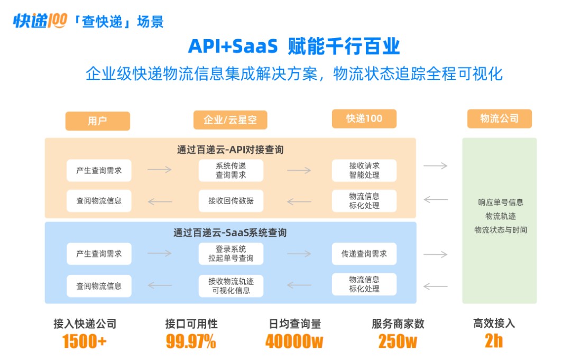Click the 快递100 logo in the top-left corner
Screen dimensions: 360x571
[40, 21]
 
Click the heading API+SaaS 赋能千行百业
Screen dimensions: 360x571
[293, 47]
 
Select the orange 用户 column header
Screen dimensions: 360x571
[97, 121]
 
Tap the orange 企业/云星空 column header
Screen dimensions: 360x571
[230, 120]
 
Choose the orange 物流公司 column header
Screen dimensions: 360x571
[499, 118]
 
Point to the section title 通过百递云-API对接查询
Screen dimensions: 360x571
[230, 150]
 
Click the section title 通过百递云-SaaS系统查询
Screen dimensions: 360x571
[230, 232]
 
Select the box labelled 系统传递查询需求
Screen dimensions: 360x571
[231, 170]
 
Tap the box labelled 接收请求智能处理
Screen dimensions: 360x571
[364, 170]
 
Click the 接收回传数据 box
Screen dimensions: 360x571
[231, 200]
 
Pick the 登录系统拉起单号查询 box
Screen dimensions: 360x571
[231, 253]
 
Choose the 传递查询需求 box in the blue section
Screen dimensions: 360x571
[364, 254]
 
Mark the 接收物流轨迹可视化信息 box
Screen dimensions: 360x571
[231, 285]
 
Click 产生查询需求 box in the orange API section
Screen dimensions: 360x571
[99, 170]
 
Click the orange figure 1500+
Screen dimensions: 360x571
[85, 341]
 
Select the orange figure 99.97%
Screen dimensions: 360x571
[191, 341]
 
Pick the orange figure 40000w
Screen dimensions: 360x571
[294, 341]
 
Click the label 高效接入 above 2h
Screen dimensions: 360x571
[494, 324]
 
